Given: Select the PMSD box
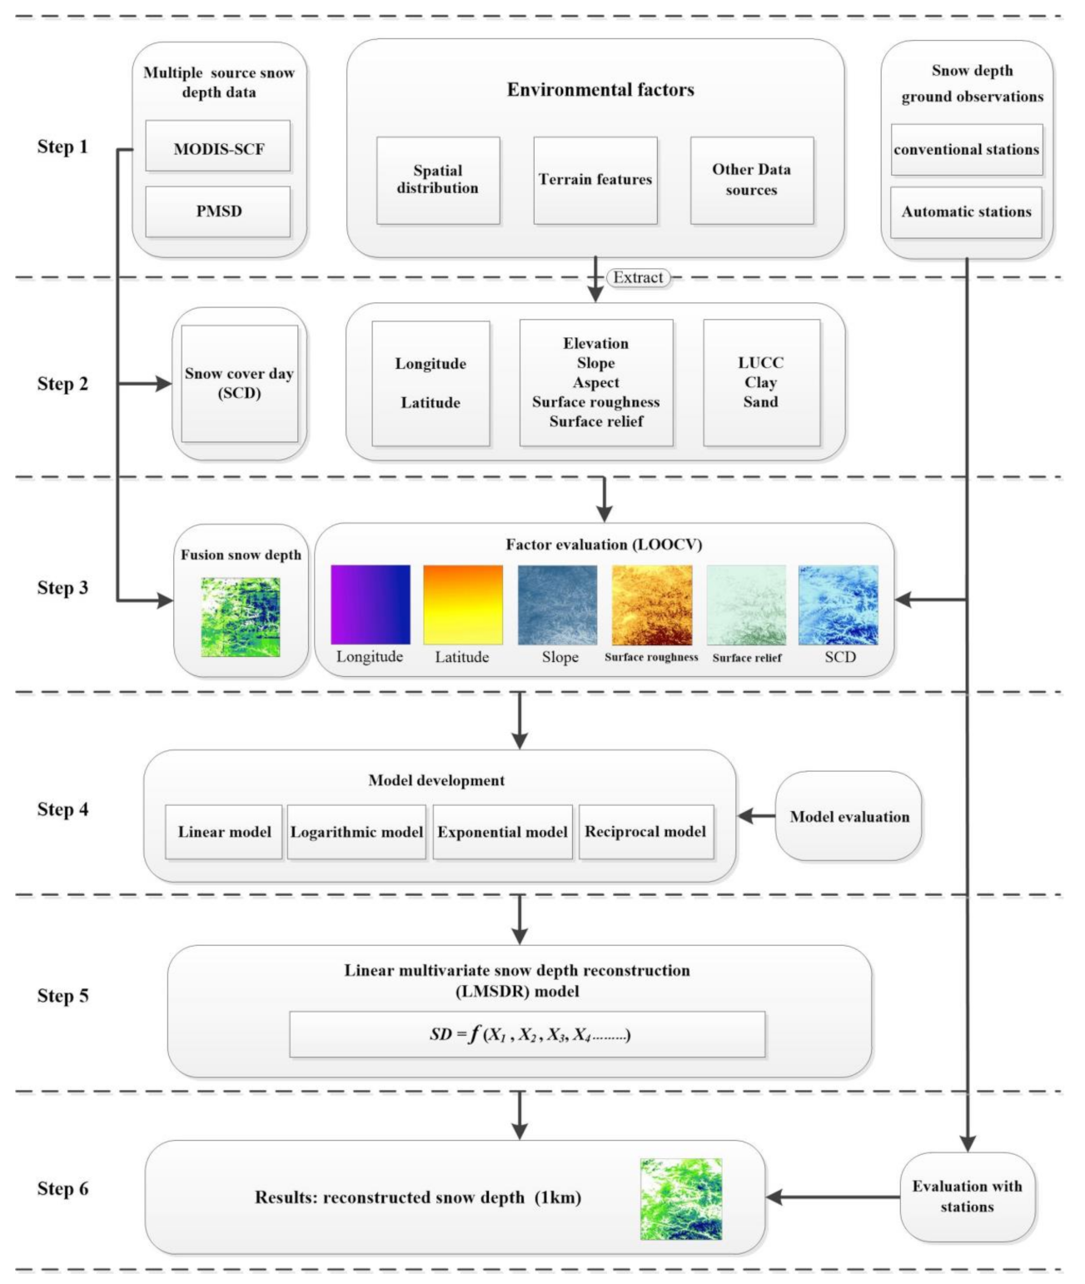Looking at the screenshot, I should pyautogui.click(x=218, y=211).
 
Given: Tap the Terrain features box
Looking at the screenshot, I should pyautogui.click(x=595, y=180).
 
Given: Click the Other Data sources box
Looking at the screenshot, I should pyautogui.click(x=751, y=180).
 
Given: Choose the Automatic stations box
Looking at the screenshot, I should pyautogui.click(x=966, y=212).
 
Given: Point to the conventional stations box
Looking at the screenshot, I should pyautogui.click(x=966, y=150).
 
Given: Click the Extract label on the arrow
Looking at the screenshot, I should pyautogui.click(x=638, y=277).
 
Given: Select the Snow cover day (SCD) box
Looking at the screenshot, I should pyautogui.click(x=239, y=383).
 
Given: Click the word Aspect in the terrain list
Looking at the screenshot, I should pyautogui.click(x=595, y=382).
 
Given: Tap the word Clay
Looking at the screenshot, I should pyautogui.click(x=760, y=382).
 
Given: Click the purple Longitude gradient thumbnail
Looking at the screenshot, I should pyautogui.click(x=371, y=605).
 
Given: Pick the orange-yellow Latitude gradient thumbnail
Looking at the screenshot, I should pyautogui.click(x=463, y=605).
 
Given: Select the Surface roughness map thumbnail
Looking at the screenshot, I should pyautogui.click(x=652, y=605).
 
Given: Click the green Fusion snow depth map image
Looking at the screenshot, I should pyautogui.click(x=241, y=617).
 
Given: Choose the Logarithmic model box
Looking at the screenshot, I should pyautogui.click(x=356, y=831).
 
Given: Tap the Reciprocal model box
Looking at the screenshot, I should pyautogui.click(x=645, y=831).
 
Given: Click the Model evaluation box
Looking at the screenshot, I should pyautogui.click(x=849, y=816).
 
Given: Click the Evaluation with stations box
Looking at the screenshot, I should pyautogui.click(x=967, y=1197).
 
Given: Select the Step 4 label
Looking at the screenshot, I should pyautogui.click(x=62, y=809).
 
